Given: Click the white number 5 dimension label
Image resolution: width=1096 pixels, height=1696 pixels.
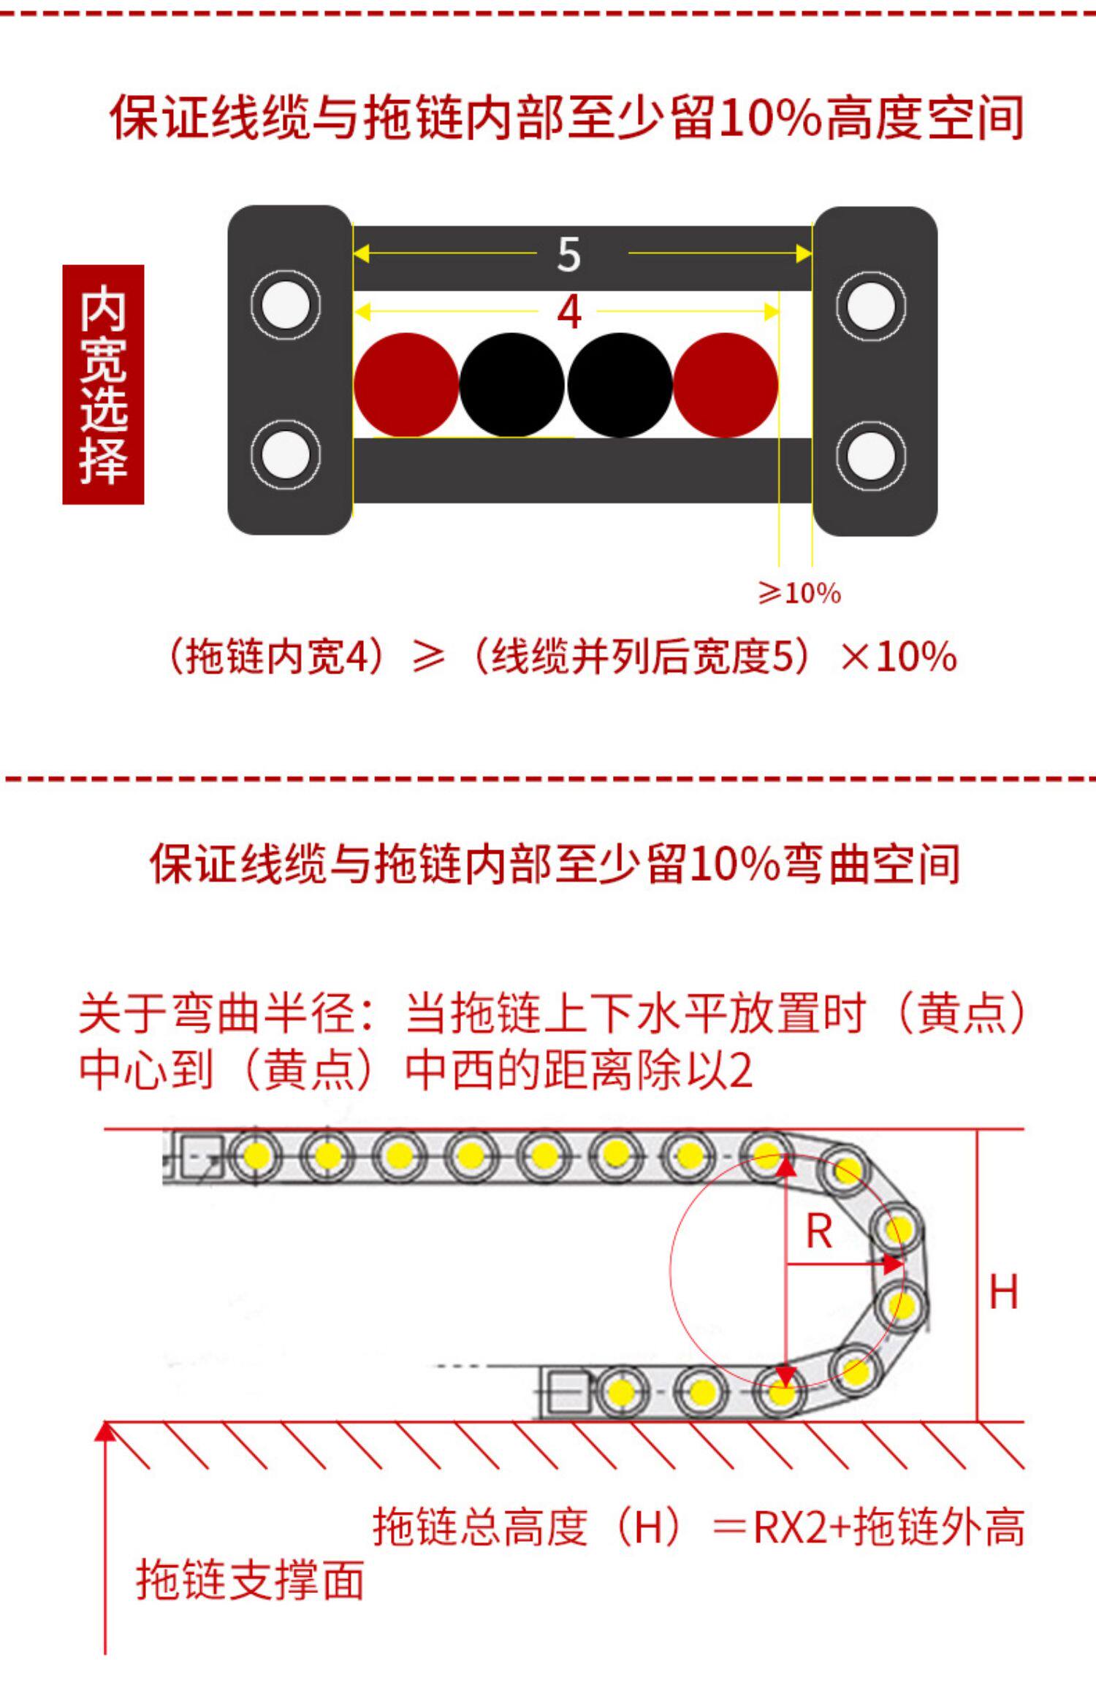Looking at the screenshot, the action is (568, 255).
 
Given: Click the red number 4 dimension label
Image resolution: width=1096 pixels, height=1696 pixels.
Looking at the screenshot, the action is (569, 313).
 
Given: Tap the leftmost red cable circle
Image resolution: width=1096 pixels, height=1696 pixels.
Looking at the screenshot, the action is (406, 385).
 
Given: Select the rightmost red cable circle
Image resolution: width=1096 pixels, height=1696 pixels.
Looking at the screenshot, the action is (726, 385).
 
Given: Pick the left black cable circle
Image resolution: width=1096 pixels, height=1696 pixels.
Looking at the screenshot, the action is (512, 385).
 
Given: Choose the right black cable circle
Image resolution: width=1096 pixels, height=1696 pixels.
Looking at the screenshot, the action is (620, 385).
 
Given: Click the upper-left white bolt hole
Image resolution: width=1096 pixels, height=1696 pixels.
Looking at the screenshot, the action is (286, 304).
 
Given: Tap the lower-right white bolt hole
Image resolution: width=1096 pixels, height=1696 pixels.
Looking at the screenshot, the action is (871, 455).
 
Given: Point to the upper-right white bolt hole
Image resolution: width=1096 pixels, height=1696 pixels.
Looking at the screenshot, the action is (871, 305).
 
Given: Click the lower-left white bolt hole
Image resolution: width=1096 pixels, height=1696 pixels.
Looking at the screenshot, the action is (286, 454).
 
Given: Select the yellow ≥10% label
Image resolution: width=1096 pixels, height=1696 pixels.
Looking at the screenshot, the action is (799, 593).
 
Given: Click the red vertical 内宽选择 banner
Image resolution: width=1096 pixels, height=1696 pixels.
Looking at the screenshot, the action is (103, 384).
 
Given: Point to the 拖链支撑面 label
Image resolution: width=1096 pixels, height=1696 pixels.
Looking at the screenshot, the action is (250, 1581).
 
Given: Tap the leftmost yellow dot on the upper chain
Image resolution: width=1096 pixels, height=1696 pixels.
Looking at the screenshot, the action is (256, 1155).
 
